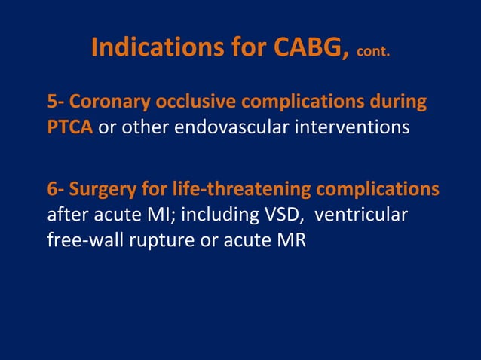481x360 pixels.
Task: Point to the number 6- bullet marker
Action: [57, 190]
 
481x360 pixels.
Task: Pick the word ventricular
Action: [361, 215]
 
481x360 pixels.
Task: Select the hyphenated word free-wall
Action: [81, 240]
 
